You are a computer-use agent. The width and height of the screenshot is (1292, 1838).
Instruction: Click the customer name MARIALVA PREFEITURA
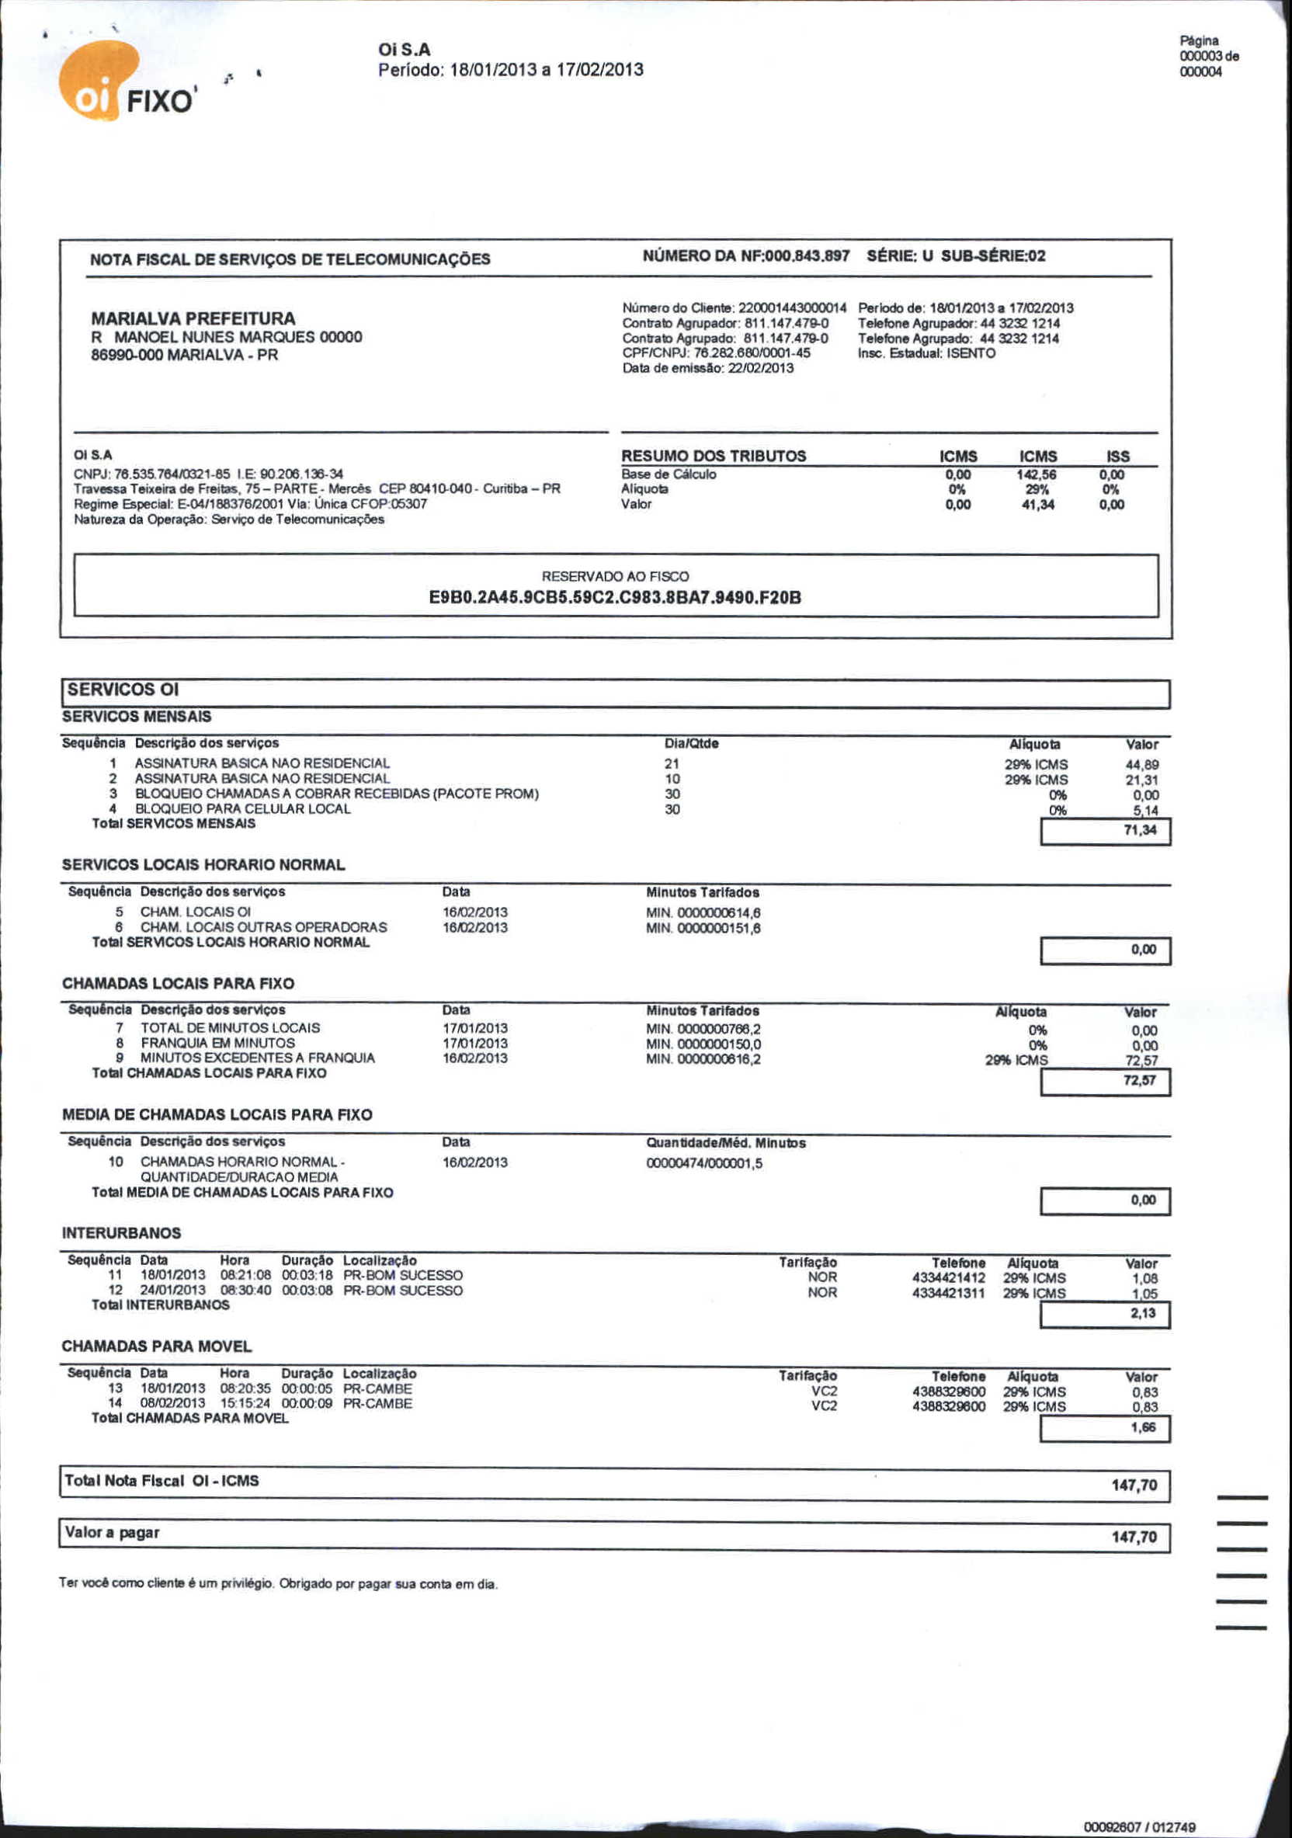pyautogui.click(x=193, y=318)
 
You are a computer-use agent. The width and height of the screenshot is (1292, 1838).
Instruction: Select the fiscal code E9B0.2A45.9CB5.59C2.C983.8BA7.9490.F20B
pyautogui.click(x=615, y=597)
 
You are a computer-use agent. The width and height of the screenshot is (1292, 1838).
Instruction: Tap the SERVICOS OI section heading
pyautogui.click(x=123, y=690)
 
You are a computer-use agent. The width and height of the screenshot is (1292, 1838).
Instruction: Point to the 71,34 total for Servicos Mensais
pyautogui.click(x=1139, y=830)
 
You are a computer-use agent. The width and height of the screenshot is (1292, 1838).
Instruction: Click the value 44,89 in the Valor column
pyautogui.click(x=1141, y=765)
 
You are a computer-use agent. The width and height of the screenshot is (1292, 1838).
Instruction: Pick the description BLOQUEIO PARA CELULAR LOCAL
pyautogui.click(x=242, y=808)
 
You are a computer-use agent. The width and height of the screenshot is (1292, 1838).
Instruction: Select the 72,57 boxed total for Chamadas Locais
pyautogui.click(x=1139, y=1081)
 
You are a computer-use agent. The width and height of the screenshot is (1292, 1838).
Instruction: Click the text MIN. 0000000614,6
pyautogui.click(x=703, y=912)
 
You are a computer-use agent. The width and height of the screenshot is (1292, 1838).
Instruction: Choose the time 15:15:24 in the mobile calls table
pyautogui.click(x=245, y=1403)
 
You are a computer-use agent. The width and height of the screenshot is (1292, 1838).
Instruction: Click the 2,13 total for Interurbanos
pyautogui.click(x=1142, y=1313)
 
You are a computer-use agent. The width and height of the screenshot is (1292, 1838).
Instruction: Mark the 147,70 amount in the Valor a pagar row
pyautogui.click(x=1134, y=1536)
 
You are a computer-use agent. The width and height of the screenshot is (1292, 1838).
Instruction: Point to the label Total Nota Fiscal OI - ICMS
pyautogui.click(x=161, y=1481)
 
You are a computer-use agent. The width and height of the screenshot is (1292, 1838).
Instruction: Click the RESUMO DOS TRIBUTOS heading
pyautogui.click(x=714, y=456)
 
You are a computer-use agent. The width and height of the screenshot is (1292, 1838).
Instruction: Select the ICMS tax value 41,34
pyautogui.click(x=1037, y=504)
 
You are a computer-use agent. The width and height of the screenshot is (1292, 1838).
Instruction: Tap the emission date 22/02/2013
pyautogui.click(x=759, y=368)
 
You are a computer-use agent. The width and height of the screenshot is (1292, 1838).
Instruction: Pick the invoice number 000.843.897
pyautogui.click(x=807, y=256)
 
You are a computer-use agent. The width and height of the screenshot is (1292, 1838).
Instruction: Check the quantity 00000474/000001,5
pyautogui.click(x=703, y=1163)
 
